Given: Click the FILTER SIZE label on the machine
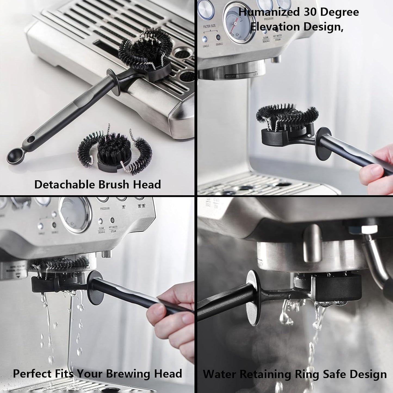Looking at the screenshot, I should [x=209, y=26].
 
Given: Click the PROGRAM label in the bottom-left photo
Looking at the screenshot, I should [x=105, y=209].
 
